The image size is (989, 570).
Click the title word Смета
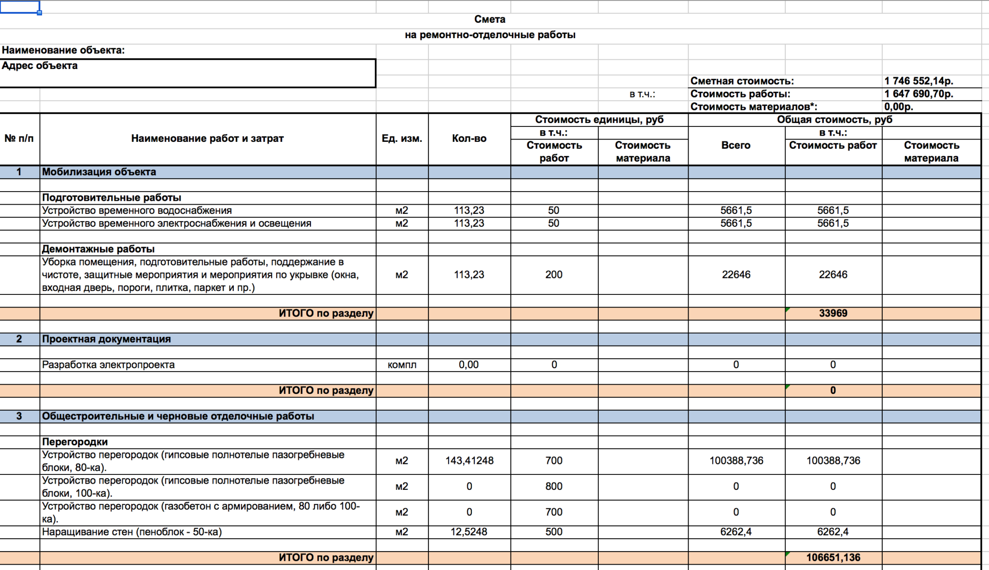click(x=490, y=19)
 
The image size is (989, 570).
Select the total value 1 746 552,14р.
click(x=918, y=81)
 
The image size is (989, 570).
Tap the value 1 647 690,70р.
click(x=918, y=94)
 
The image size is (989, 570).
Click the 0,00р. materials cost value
click(x=899, y=107)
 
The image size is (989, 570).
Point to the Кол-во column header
click(x=469, y=139)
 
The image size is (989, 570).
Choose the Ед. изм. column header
click(x=402, y=139)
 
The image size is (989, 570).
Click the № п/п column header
click(x=19, y=139)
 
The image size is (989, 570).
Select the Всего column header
click(x=736, y=145)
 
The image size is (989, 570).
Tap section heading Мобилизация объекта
click(x=99, y=172)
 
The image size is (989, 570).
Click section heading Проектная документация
click(x=106, y=339)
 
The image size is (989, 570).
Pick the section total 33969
click(x=833, y=313)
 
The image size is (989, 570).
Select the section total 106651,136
click(x=833, y=557)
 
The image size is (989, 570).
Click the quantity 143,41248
click(x=469, y=460)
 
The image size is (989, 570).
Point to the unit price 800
click(x=554, y=487)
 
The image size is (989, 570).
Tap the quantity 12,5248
click(x=469, y=532)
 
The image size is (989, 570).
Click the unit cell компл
click(x=402, y=365)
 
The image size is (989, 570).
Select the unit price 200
click(x=554, y=275)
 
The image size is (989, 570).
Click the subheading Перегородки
click(x=75, y=442)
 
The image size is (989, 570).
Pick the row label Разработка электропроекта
click(x=108, y=365)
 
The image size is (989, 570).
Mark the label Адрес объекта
click(x=40, y=66)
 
